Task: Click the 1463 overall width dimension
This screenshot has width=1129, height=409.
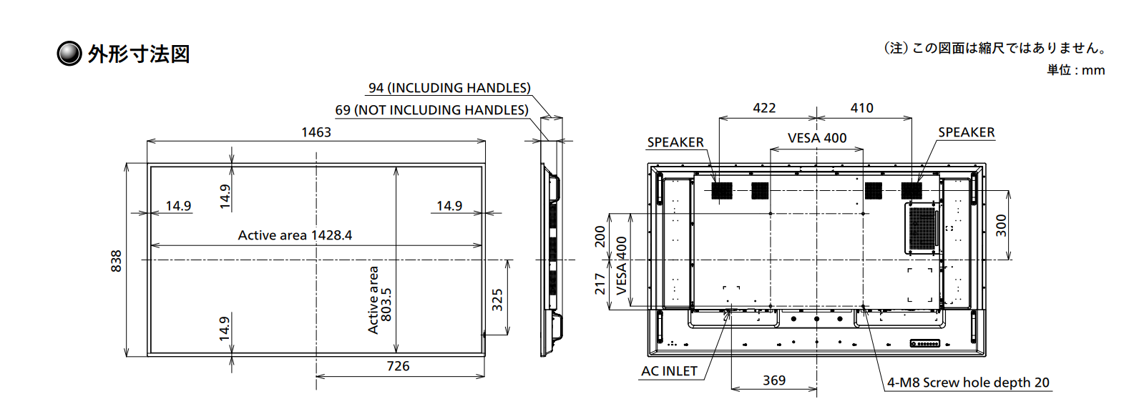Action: [316, 132]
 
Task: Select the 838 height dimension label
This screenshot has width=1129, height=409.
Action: [116, 261]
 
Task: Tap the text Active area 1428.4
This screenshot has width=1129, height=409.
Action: [295, 235]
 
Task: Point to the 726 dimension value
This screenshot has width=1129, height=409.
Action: [398, 366]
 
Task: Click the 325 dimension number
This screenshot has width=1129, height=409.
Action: [497, 300]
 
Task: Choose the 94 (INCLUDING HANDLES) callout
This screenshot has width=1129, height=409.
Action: [449, 88]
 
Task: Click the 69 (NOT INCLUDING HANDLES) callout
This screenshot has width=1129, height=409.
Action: [432, 110]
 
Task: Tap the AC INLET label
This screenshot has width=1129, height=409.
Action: [670, 371]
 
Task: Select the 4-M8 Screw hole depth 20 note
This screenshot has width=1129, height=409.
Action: [968, 383]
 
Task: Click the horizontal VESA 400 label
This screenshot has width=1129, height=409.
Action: [817, 138]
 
